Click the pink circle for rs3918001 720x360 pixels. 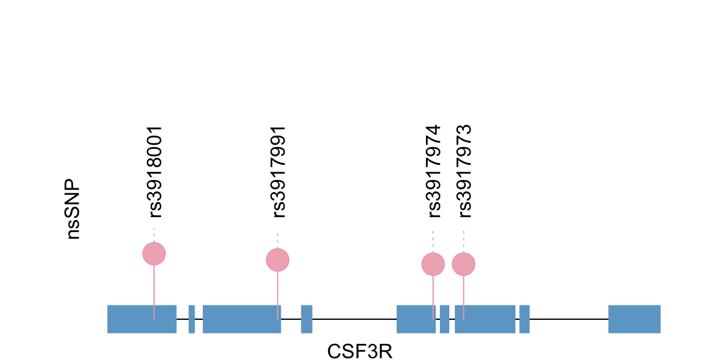click(154, 254)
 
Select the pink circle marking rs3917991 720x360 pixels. click(278, 260)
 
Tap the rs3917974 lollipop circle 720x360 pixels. click(433, 264)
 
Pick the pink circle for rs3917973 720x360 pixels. click(463, 264)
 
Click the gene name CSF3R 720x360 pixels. click(359, 351)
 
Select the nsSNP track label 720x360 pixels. click(73, 209)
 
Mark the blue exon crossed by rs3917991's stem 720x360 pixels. click(242, 319)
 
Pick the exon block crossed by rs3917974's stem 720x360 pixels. click(416, 319)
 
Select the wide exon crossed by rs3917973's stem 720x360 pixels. click(485, 319)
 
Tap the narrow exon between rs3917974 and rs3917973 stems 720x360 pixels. click(445, 319)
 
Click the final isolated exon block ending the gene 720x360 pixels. click(634, 319)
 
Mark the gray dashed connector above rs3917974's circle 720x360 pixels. click(433, 241)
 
